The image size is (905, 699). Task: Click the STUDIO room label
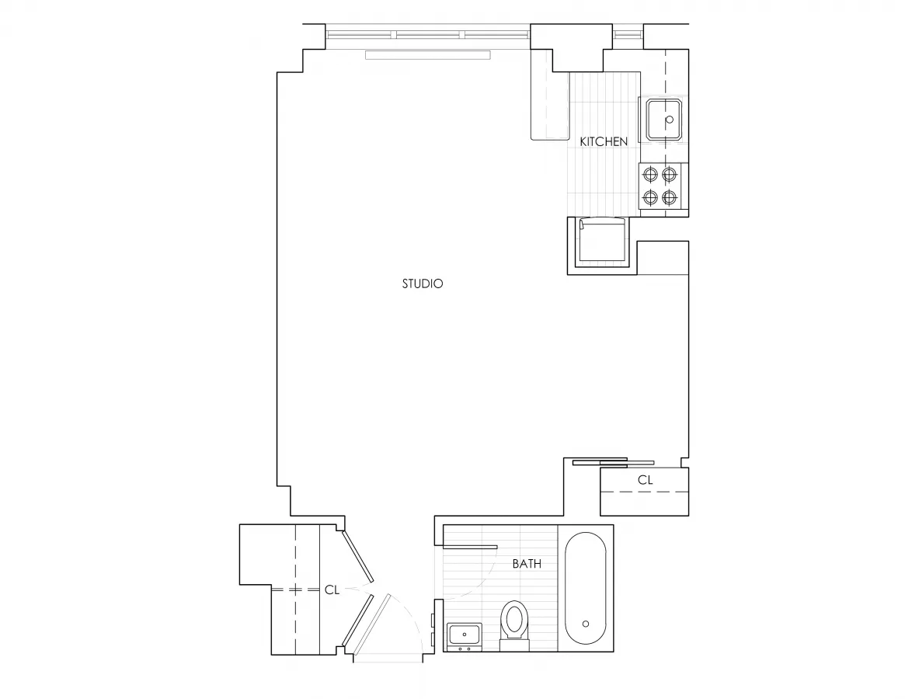[x=423, y=284]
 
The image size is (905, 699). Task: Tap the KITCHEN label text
[x=604, y=142]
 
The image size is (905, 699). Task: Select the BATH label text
[x=527, y=564]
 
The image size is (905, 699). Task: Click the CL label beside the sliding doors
[x=645, y=481]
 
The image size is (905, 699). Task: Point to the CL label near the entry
[x=332, y=589]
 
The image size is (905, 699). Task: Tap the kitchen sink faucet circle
[x=669, y=120]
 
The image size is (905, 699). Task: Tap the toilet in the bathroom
[x=513, y=623]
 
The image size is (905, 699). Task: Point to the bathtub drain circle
[x=586, y=624]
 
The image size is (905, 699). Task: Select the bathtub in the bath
[x=586, y=587]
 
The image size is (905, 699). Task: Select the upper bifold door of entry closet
[x=359, y=556]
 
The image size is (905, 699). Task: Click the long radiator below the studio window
[x=428, y=55]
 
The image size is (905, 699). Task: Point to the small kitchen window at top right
[x=628, y=34]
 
